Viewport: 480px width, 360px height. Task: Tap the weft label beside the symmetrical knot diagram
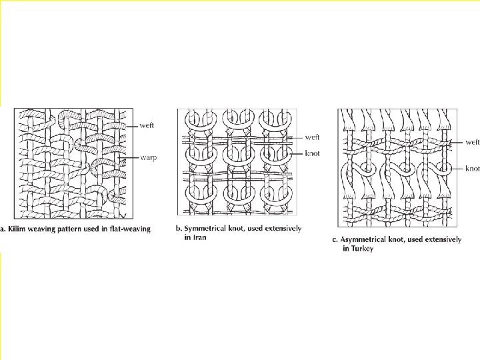[x=312, y=137]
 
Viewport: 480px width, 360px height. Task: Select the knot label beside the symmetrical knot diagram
[x=312, y=153]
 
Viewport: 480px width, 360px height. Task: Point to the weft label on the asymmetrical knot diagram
[x=472, y=142]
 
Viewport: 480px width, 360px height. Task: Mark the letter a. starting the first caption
[x=5, y=229]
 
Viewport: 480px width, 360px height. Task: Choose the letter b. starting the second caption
[x=179, y=229]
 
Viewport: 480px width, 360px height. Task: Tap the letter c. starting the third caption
[x=335, y=240]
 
